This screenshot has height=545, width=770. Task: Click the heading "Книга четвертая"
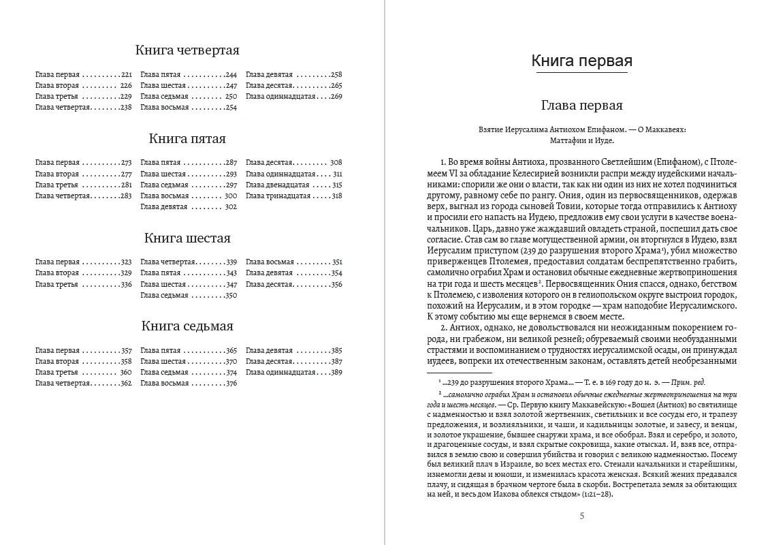[x=187, y=50]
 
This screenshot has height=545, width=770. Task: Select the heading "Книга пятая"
[x=187, y=139]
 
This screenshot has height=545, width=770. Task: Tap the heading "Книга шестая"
[x=187, y=238]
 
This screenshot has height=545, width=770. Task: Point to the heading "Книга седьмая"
[x=187, y=326]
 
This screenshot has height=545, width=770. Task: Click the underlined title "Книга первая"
[x=581, y=61]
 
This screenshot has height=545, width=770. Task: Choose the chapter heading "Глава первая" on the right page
[x=581, y=106]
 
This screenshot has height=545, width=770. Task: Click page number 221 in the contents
[x=126, y=74]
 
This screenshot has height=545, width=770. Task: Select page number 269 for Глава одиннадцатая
[x=336, y=96]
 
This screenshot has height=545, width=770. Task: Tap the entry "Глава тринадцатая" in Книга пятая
[x=278, y=196]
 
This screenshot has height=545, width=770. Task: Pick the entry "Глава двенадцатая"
[x=279, y=185]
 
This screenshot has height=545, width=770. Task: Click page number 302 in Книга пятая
[x=230, y=206]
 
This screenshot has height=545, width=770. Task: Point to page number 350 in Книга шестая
[x=230, y=295]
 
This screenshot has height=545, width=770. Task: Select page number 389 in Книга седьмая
[x=336, y=372]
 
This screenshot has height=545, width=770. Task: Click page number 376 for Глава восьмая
[x=230, y=383]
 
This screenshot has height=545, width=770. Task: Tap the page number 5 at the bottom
[x=581, y=516]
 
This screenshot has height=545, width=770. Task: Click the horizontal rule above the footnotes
[x=460, y=373]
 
